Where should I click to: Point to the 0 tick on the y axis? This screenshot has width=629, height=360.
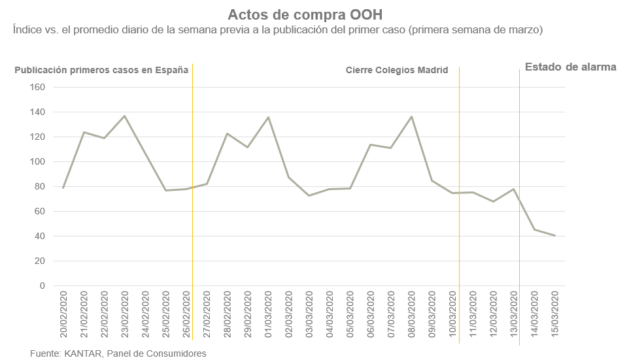coord(41,286)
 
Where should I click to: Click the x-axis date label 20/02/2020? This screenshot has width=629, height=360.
coord(63,316)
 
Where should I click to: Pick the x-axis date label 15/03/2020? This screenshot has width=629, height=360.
coord(555,316)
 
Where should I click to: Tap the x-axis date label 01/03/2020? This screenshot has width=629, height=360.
coord(268,316)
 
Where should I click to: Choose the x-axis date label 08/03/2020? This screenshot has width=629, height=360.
coord(411,316)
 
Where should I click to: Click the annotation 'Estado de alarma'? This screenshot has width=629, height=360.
coord(571,67)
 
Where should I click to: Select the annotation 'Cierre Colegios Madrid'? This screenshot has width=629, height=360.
coord(397,70)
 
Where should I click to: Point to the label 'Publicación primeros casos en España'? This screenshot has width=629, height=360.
coord(102,70)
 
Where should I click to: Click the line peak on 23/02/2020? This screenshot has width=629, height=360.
coord(124,116)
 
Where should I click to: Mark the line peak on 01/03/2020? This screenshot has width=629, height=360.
coord(268,117)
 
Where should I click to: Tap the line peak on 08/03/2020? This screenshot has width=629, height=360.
coord(411,116)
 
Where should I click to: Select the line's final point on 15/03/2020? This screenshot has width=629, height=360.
coord(555,236)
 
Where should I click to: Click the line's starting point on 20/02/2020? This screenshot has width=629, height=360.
coord(63,188)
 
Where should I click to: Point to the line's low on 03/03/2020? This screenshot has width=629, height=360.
coord(309,195)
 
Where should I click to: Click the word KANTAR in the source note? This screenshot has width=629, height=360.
coord(82,353)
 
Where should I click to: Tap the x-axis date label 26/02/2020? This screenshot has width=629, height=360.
coord(186,316)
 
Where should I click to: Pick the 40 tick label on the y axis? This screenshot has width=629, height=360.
coord(39,237)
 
